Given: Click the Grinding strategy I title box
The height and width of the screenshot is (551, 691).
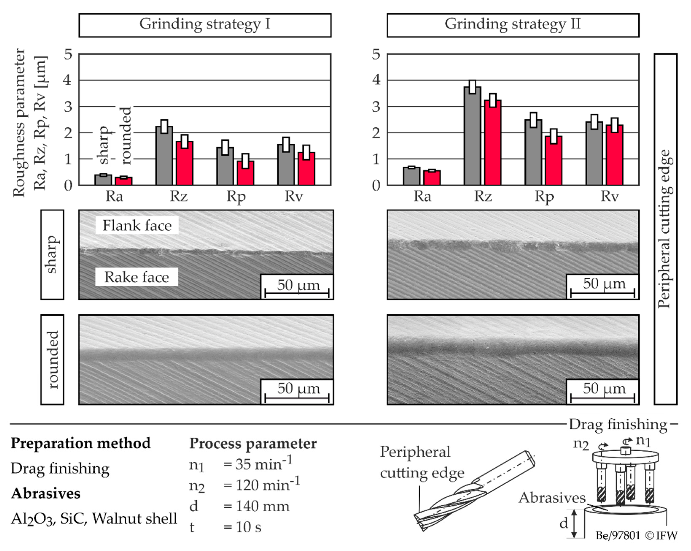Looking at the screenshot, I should (205, 25).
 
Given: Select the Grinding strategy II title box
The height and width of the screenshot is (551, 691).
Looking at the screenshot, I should (513, 25).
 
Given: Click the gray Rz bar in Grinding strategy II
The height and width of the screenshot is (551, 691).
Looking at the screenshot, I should (472, 138).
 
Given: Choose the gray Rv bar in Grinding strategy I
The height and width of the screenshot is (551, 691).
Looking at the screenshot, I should (286, 167).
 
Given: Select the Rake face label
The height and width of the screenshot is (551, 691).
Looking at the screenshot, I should (137, 277).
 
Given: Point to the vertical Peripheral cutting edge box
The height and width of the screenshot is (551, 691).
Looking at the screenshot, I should (665, 229).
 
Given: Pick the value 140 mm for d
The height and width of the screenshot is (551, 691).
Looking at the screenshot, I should (262, 506).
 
